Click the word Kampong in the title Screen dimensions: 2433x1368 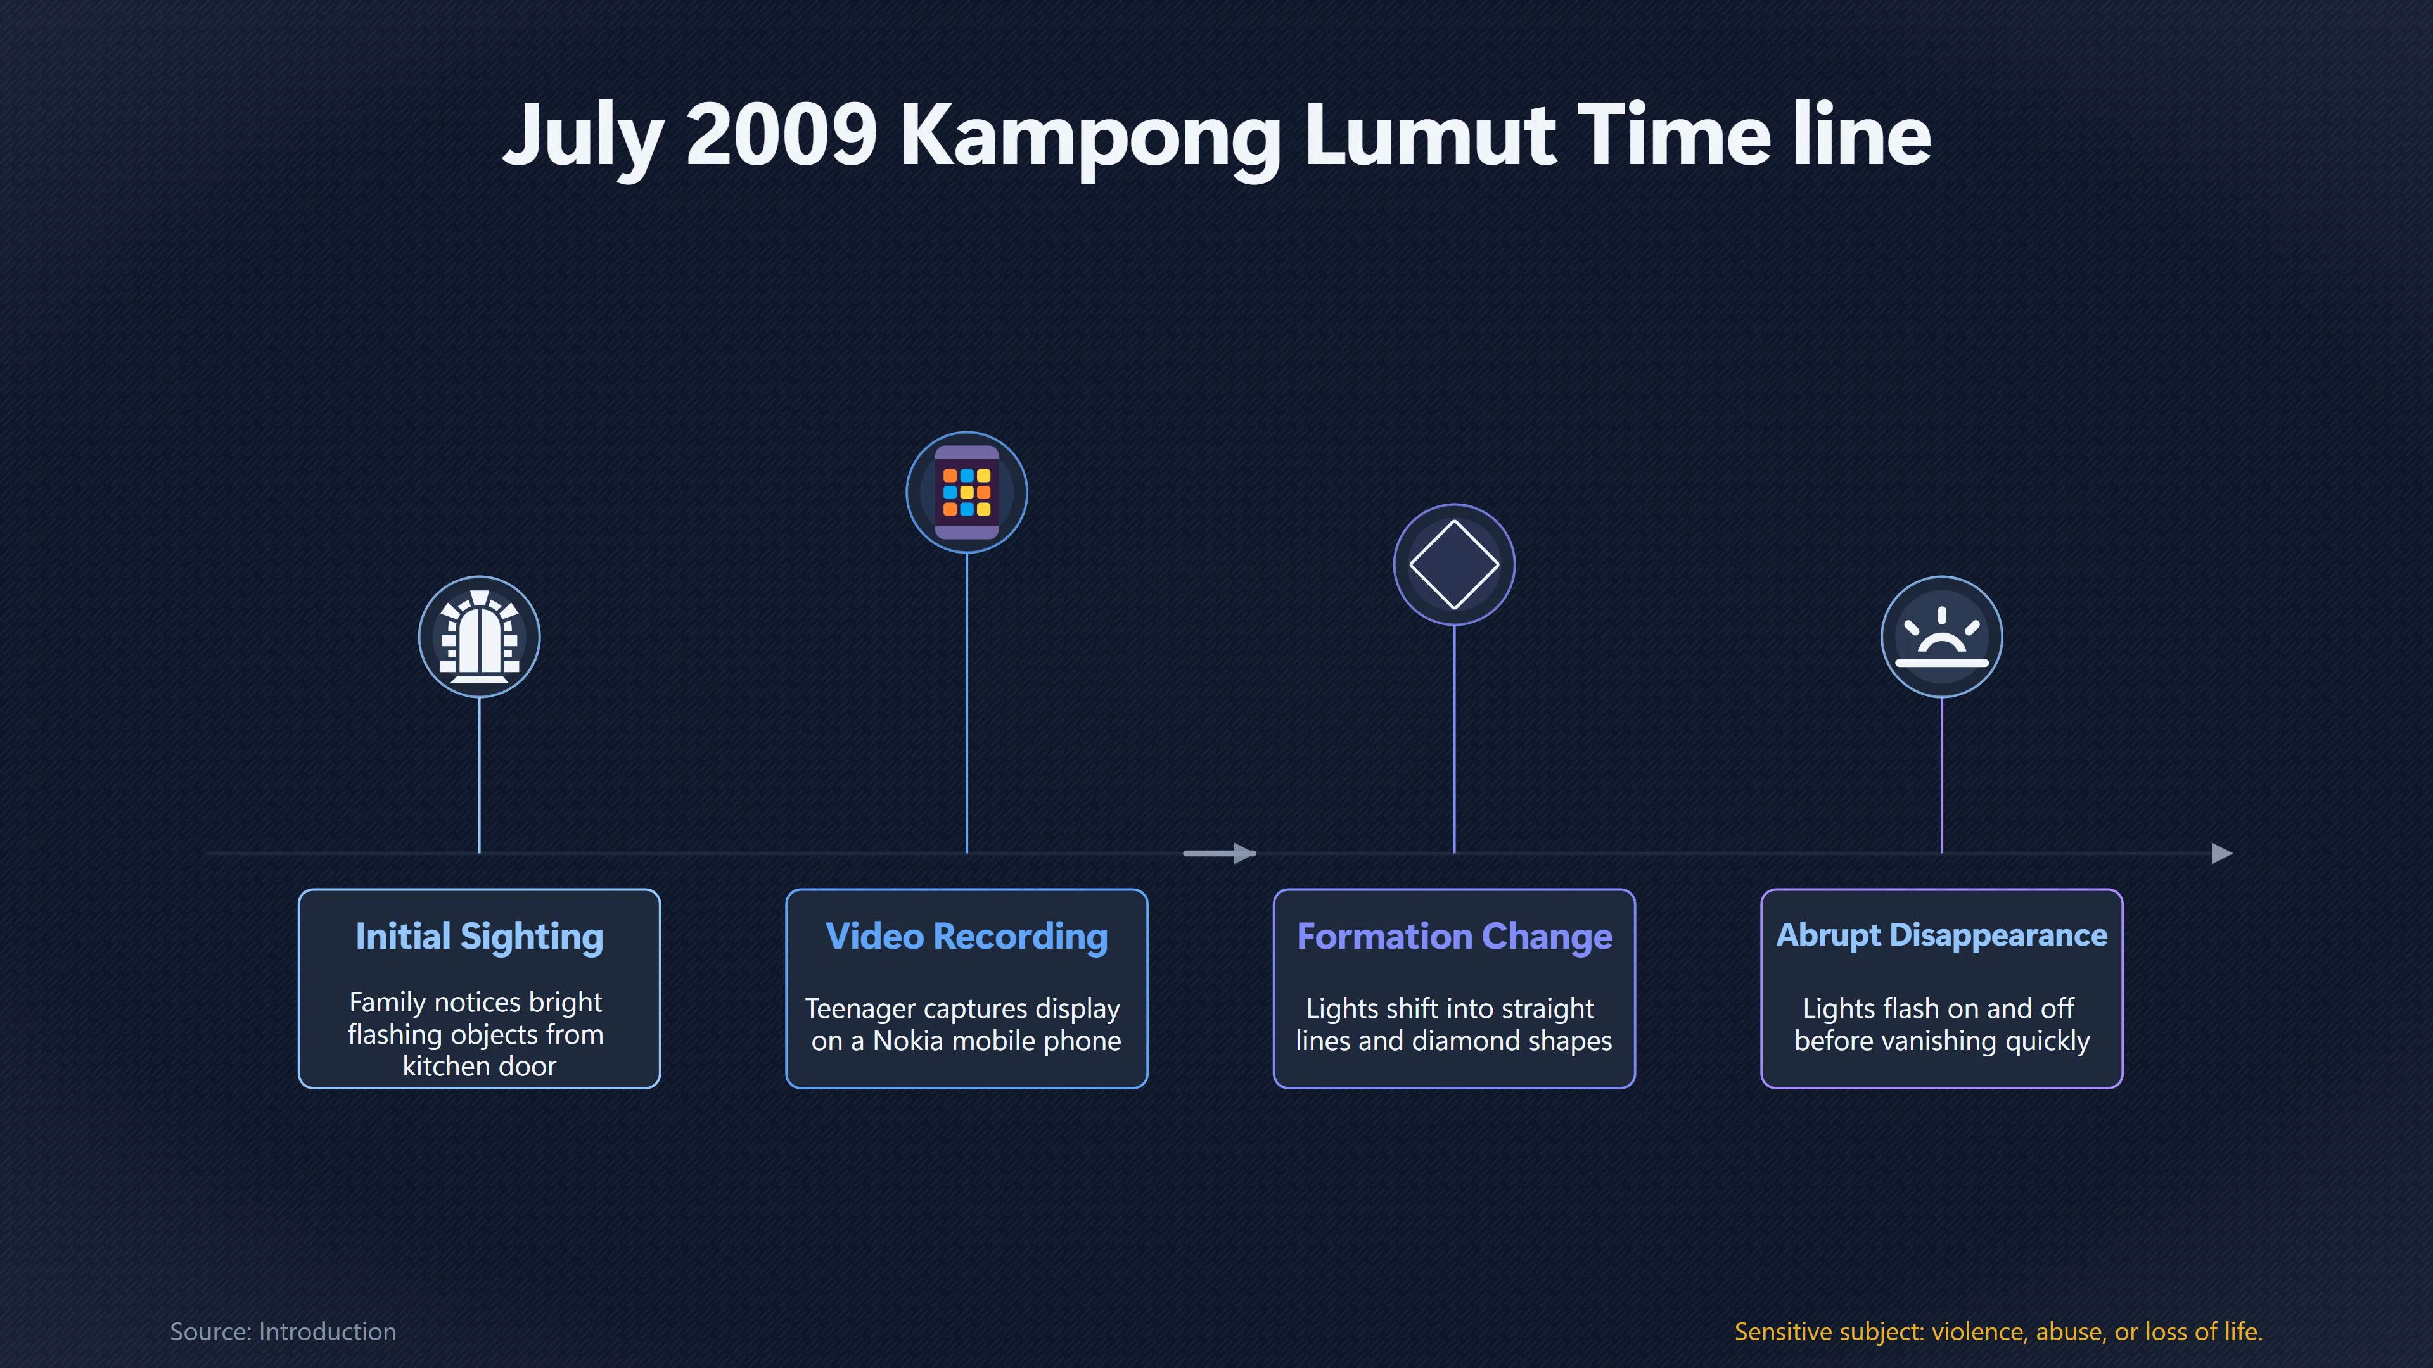(x=1090, y=138)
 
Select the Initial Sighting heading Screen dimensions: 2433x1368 (x=479, y=937)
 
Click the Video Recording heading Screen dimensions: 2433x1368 (x=966, y=937)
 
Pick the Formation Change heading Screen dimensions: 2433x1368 (x=1455, y=937)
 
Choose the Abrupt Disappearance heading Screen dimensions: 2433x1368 (x=1942, y=935)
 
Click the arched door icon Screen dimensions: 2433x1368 (x=480, y=636)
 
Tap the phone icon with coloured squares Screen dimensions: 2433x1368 (x=967, y=492)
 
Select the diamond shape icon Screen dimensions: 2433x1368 (x=1455, y=564)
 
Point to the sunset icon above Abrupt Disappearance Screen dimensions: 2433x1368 (x=1942, y=636)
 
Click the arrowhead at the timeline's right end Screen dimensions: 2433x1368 (x=2223, y=854)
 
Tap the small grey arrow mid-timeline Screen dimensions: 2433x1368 (x=1219, y=854)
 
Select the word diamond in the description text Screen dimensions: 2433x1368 (x=1462, y=1041)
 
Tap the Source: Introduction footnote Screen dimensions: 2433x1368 (x=283, y=1331)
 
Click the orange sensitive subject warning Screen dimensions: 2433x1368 (x=1998, y=1331)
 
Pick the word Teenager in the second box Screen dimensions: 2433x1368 (x=860, y=1010)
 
